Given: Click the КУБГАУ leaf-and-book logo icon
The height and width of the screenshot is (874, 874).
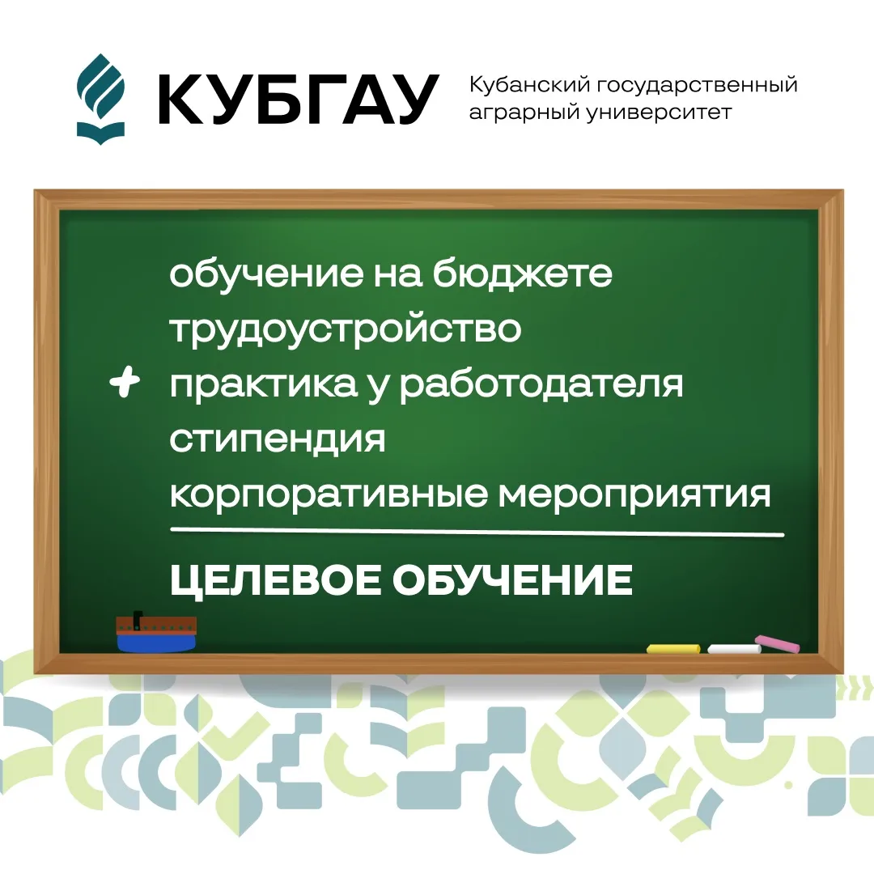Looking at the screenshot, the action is [x=100, y=100].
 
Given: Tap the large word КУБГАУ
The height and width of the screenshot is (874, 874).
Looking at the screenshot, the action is [x=298, y=100].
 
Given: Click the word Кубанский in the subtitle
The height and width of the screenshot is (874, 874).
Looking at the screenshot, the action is [x=529, y=86].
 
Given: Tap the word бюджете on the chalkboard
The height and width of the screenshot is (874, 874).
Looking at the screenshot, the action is [x=522, y=274].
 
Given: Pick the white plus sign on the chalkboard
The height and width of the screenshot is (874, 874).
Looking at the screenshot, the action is [x=125, y=382].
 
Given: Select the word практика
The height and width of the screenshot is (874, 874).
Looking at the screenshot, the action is [x=264, y=384].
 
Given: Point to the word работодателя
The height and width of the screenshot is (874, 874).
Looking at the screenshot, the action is [x=541, y=384].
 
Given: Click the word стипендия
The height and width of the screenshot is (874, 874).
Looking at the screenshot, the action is [x=278, y=439].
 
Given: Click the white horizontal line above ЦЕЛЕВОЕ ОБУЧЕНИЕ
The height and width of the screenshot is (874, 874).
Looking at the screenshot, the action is [x=477, y=532].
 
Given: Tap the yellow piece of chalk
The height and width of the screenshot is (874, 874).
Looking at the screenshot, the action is [x=673, y=649].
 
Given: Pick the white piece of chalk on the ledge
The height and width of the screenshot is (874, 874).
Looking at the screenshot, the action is [x=734, y=649].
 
